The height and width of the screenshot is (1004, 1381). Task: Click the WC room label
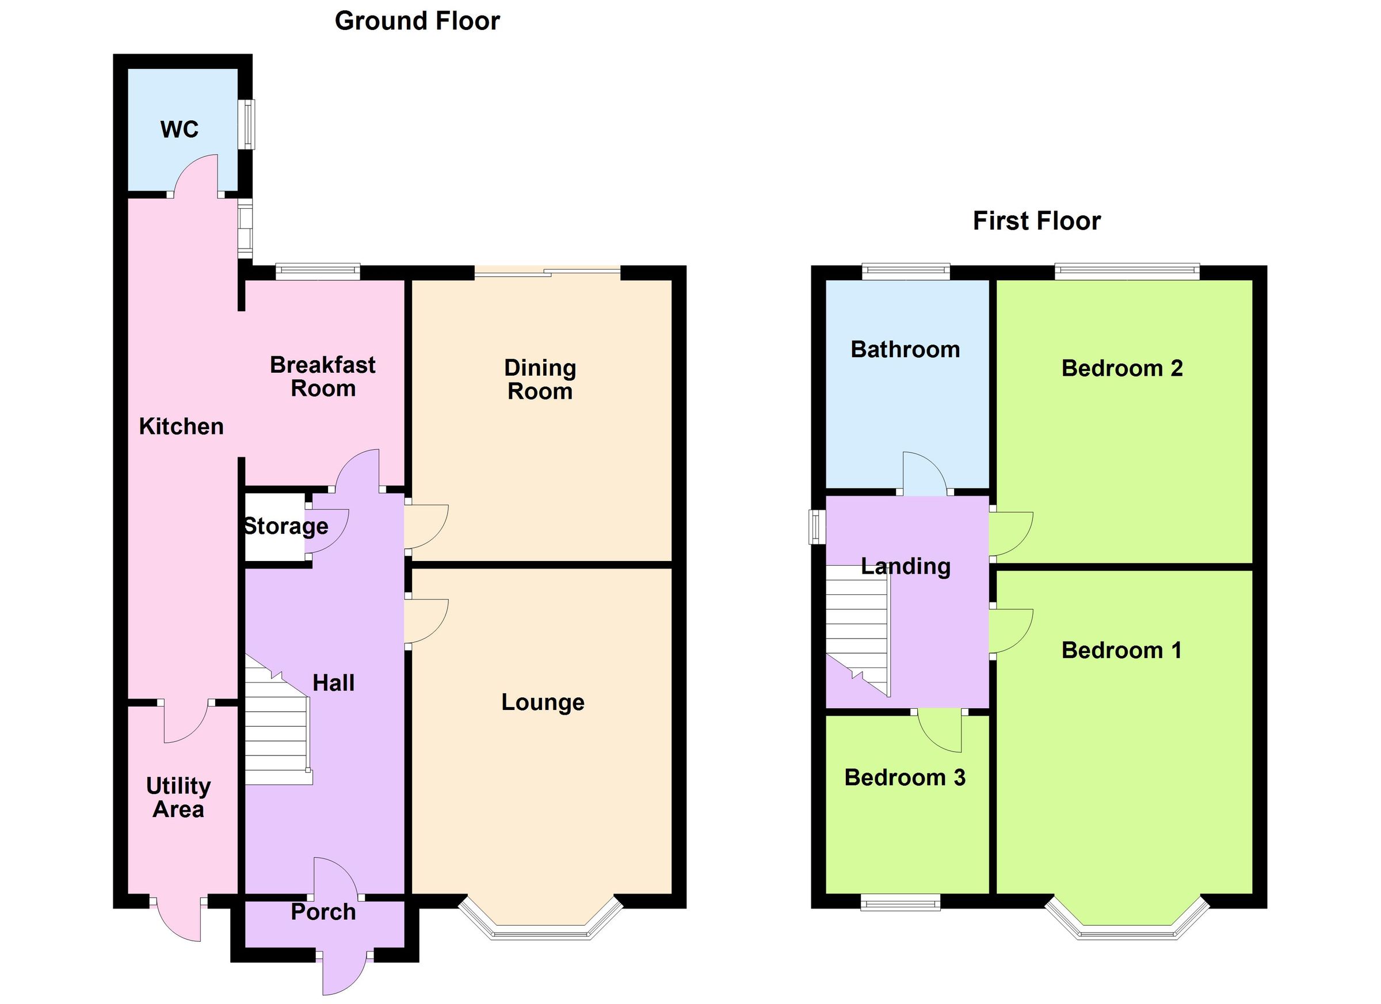click(x=179, y=129)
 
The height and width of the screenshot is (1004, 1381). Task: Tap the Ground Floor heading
click(x=417, y=21)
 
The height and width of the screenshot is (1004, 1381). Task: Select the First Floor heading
click(x=1036, y=220)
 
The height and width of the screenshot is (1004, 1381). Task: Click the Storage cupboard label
click(x=285, y=526)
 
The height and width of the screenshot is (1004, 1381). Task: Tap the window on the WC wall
click(x=249, y=124)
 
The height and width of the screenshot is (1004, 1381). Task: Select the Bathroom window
click(x=906, y=272)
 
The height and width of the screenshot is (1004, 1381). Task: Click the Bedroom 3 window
click(x=900, y=902)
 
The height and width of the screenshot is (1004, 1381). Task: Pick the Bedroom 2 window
click(x=1127, y=272)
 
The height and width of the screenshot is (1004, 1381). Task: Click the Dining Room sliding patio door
click(x=547, y=272)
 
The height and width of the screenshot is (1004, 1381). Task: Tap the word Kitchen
click(x=181, y=427)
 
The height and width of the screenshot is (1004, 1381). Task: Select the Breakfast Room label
click(x=323, y=376)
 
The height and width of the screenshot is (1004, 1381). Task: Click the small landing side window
click(x=815, y=526)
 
